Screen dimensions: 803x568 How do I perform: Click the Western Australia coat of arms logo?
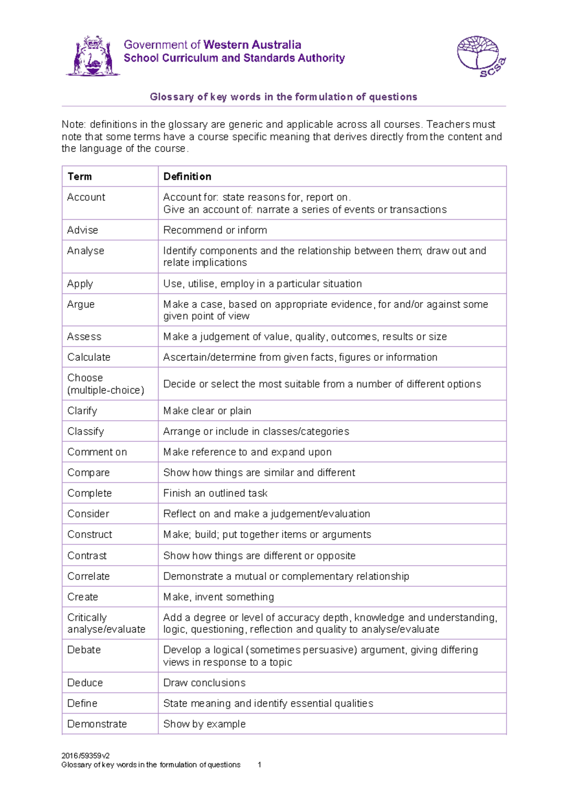point(93,56)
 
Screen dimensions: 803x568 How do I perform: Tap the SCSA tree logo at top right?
point(480,56)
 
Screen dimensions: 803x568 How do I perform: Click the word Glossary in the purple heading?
point(172,97)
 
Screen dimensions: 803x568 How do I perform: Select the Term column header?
point(80,177)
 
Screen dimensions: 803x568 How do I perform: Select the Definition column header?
point(187,177)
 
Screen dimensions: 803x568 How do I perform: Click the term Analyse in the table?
point(86,250)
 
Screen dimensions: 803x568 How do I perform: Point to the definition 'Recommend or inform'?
point(215,230)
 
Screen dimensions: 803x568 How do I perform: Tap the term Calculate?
point(89,357)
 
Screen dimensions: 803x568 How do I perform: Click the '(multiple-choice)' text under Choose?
point(106,390)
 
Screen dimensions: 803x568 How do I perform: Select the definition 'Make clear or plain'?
point(207,410)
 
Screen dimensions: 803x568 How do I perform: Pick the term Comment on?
point(97,452)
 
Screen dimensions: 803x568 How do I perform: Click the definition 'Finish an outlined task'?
point(215,493)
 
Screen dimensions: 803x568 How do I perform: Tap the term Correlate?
point(89,576)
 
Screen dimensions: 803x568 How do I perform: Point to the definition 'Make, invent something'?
point(219,597)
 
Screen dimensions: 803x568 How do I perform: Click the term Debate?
point(84,650)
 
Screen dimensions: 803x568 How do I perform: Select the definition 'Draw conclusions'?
point(204,683)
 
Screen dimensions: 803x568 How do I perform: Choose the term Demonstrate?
point(97,724)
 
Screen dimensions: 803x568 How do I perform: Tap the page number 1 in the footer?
point(259,765)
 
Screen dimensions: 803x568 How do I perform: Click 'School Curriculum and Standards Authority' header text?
point(234,58)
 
